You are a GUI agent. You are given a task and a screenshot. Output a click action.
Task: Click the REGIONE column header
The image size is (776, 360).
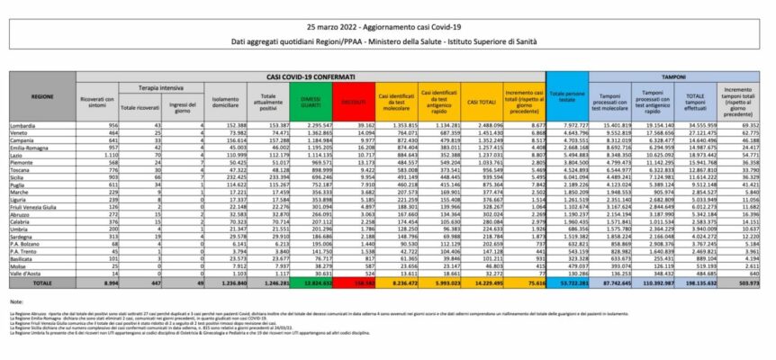pos(41,94)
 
